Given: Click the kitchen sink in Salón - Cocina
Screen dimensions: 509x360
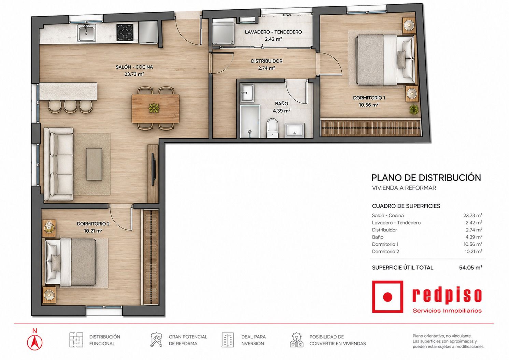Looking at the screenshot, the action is tap(87, 33).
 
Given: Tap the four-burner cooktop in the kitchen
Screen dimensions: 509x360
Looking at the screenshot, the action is tap(125, 32).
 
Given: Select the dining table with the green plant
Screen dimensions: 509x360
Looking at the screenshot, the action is tap(155, 109).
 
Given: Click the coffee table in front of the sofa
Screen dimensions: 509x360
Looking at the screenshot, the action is tap(94, 164).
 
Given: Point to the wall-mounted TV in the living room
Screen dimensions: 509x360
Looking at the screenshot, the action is tap(153, 170).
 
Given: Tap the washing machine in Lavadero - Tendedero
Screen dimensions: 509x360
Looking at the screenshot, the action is tap(223, 32).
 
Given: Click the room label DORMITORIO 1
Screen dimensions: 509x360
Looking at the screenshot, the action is tap(369, 98).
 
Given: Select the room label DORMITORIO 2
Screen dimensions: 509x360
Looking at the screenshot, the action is tap(93, 224).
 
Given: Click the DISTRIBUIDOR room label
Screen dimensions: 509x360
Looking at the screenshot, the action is tap(267, 61).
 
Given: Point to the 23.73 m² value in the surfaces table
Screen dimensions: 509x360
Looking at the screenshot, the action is tap(473, 215).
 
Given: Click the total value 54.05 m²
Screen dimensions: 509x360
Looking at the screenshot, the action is tap(471, 268).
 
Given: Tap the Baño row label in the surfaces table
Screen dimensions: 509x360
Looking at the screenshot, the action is tap(378, 237).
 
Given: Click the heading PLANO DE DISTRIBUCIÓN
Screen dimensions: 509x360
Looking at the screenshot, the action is tap(426, 178).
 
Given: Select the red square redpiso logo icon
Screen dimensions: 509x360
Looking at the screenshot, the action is tap(387, 297).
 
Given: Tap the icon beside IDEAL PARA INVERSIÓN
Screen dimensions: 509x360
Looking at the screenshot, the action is tap(228, 340).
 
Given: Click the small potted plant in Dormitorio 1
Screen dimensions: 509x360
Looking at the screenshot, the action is tap(413, 109).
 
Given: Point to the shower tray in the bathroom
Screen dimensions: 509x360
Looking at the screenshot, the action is tap(250, 121).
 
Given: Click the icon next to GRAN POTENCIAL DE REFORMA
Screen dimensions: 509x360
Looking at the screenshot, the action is tap(156, 340).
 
